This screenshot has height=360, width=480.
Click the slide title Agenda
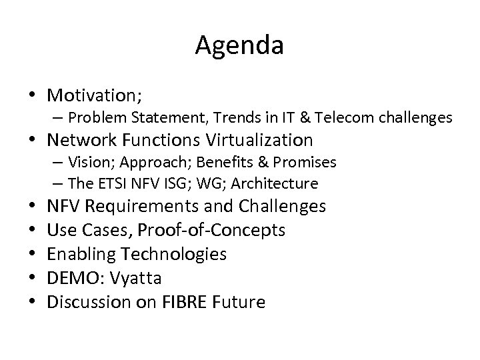click(x=240, y=46)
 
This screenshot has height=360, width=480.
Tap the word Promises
click(x=304, y=163)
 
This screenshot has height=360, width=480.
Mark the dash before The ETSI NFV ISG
click(x=55, y=183)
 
